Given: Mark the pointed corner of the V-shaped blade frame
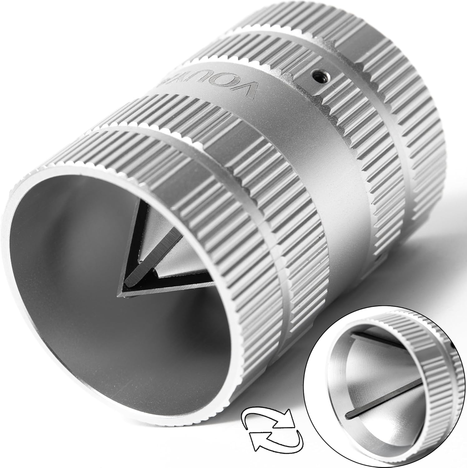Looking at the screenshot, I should coord(120,293).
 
